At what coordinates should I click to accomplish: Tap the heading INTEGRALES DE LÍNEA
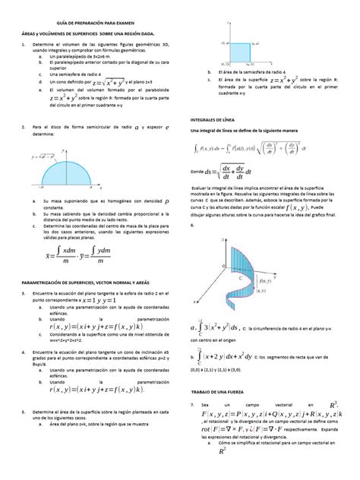213,119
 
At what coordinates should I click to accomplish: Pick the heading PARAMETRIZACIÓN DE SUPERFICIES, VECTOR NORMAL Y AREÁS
90,280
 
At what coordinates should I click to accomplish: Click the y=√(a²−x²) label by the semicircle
33,156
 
